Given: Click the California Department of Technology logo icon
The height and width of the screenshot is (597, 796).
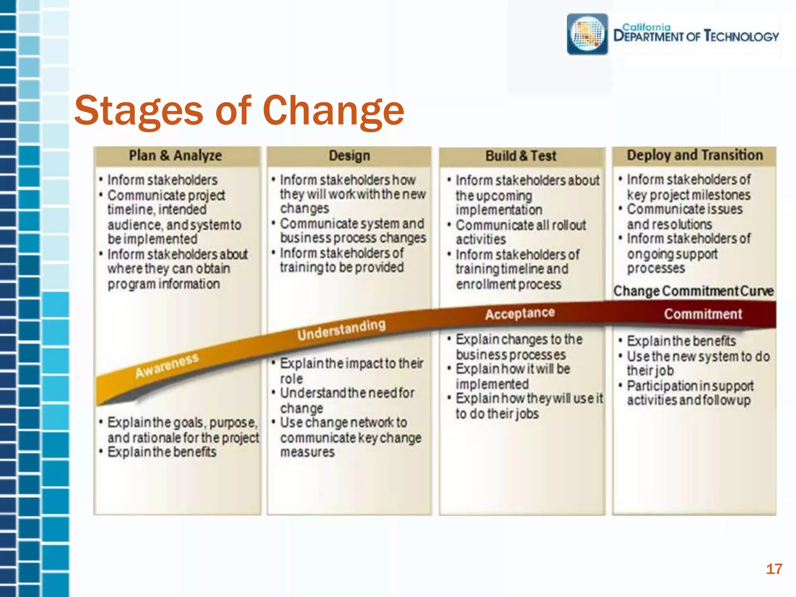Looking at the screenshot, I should pos(587,34).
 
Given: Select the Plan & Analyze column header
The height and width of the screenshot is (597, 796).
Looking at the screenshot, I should pos(175,156).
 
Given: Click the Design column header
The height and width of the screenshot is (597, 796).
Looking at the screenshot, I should pos(349,156).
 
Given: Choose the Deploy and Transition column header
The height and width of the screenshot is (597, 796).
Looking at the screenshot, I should pos(695,155).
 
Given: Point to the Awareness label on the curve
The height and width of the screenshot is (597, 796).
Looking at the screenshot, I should pos(167,366).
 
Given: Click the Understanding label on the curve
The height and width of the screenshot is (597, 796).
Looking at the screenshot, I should pos(341,330).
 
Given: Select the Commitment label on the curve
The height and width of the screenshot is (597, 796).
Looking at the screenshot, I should pos(703,314).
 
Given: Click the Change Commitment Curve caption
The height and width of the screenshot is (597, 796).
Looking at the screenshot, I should pos(693,291).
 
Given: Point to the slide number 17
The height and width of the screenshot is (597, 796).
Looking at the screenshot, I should pos(773,569).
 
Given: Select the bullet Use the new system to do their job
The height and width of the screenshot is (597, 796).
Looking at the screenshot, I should pos(698,363).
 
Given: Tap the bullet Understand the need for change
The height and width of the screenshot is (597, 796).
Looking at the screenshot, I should pos(347,400).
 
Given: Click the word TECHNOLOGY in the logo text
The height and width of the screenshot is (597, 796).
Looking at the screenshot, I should pos(742,37).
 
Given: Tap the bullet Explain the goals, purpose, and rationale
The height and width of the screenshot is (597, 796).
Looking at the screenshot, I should pos(183,430).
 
